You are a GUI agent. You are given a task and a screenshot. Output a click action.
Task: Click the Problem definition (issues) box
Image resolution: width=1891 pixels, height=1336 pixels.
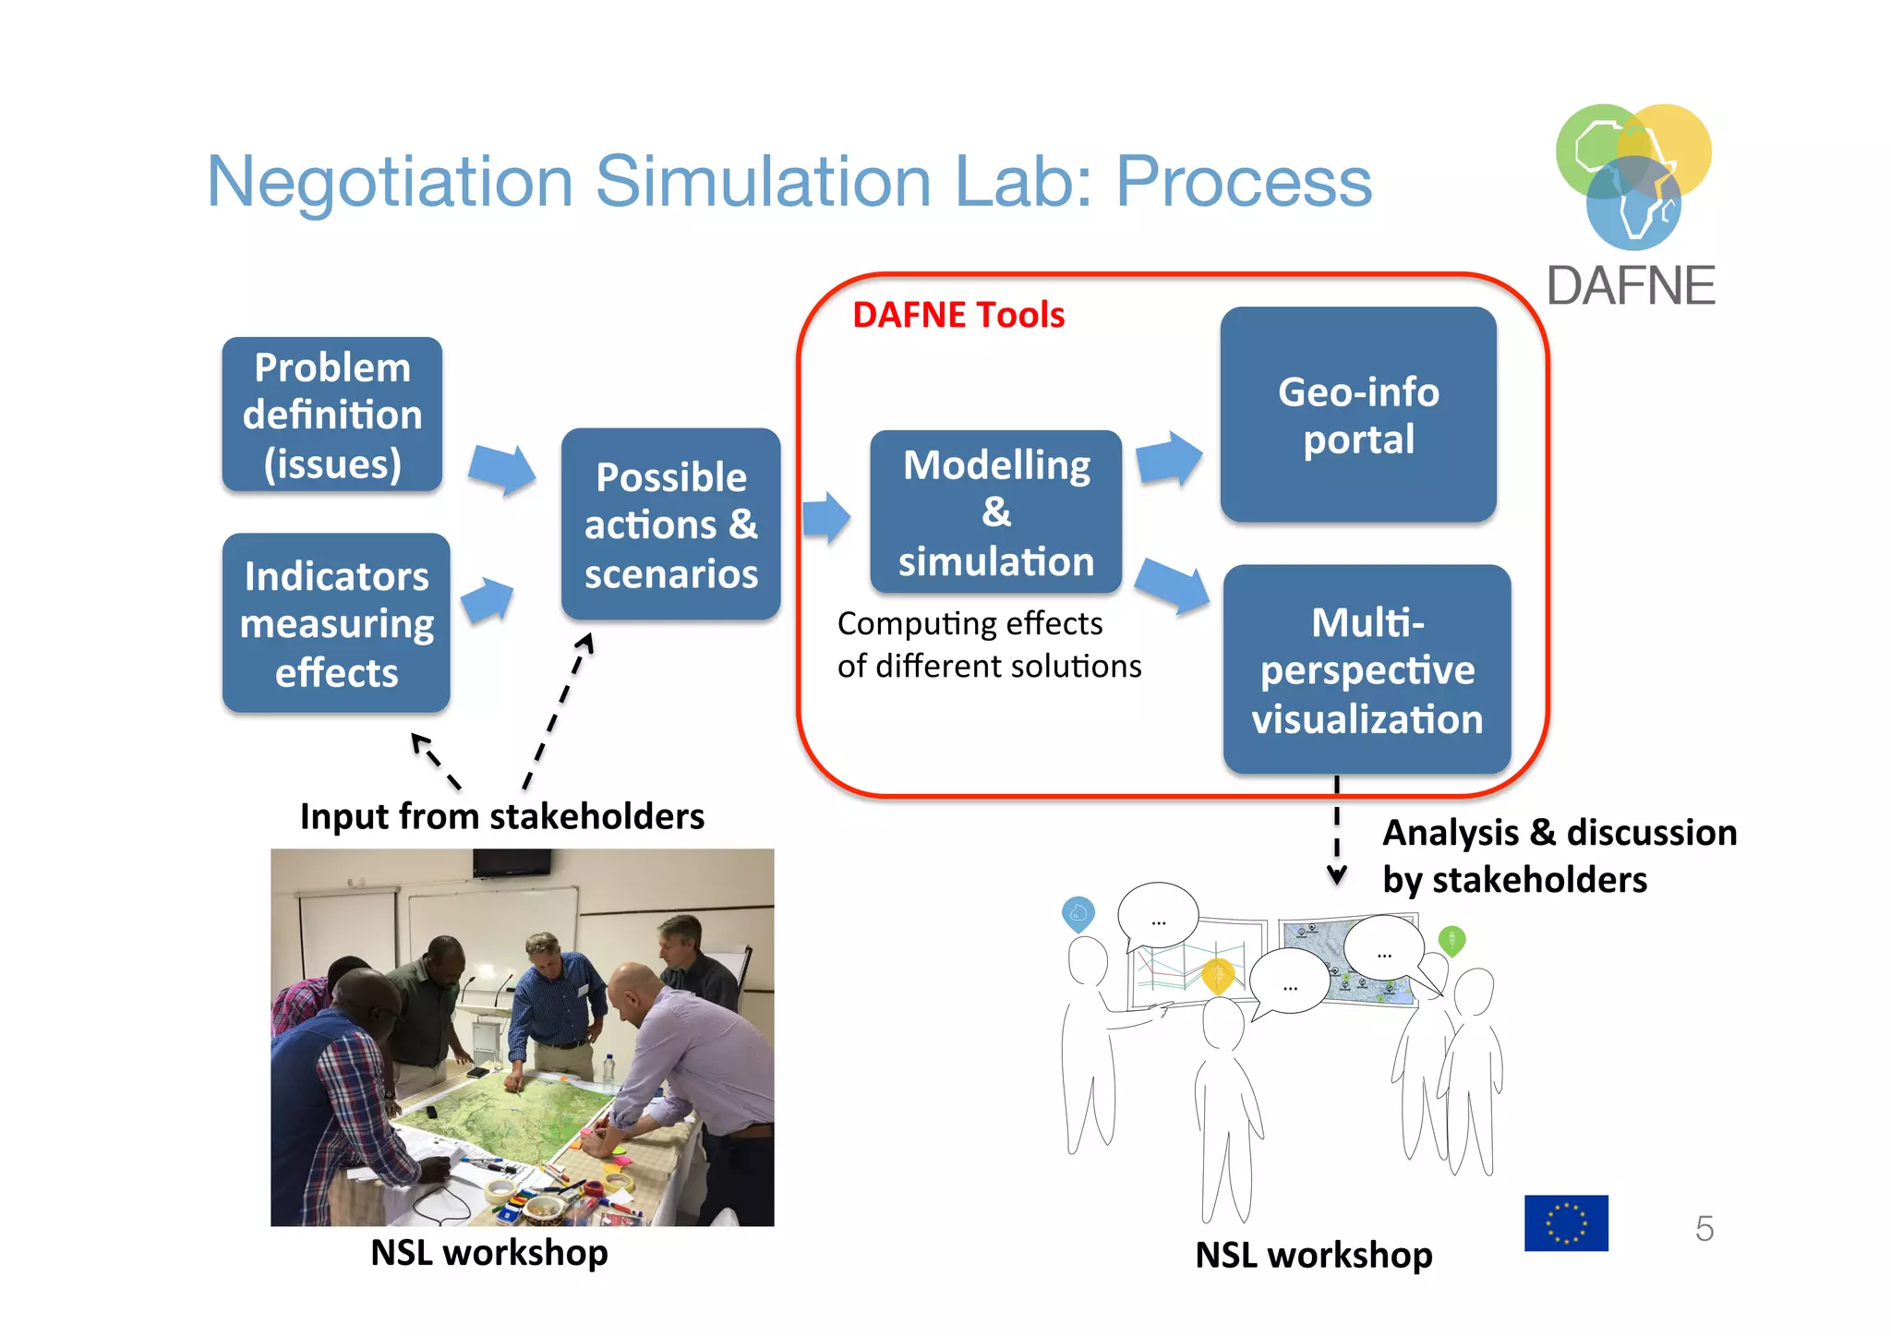click(331, 415)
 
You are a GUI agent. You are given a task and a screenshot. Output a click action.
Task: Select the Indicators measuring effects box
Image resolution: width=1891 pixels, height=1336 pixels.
click(336, 623)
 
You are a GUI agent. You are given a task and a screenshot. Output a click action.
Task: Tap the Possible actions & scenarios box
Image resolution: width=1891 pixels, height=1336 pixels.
click(671, 524)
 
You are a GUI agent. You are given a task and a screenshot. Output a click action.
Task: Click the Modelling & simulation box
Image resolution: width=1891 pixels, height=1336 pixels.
click(995, 512)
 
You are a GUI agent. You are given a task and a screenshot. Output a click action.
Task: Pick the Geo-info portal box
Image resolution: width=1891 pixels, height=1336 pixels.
click(1357, 415)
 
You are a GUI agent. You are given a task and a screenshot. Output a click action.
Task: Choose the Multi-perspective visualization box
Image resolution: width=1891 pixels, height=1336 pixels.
click(1367, 669)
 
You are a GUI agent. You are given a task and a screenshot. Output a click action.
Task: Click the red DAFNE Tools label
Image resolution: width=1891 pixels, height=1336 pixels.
click(958, 315)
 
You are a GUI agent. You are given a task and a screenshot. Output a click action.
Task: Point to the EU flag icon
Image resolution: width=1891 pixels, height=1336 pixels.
click(1566, 1223)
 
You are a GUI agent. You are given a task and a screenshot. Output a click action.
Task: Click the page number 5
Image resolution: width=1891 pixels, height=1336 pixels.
click(1704, 1229)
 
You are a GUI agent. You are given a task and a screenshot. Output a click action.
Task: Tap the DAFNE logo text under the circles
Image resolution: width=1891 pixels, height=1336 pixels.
click(1631, 286)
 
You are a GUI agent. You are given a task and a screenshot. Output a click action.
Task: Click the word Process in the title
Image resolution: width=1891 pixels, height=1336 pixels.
click(1244, 181)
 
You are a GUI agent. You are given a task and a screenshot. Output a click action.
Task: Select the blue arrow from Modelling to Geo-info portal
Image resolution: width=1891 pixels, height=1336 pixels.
click(1169, 459)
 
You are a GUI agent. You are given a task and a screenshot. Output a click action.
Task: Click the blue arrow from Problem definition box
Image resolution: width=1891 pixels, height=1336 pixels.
click(502, 468)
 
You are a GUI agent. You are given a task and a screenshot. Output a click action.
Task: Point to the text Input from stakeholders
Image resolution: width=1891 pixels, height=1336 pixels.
click(501, 817)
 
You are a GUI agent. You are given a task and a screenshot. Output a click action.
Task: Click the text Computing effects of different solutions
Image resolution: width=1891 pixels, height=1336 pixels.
click(988, 644)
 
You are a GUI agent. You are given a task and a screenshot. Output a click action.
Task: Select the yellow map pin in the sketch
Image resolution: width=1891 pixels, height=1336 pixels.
click(1218, 975)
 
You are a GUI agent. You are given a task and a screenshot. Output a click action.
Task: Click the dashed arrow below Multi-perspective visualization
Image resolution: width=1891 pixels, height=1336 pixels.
click(1336, 831)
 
